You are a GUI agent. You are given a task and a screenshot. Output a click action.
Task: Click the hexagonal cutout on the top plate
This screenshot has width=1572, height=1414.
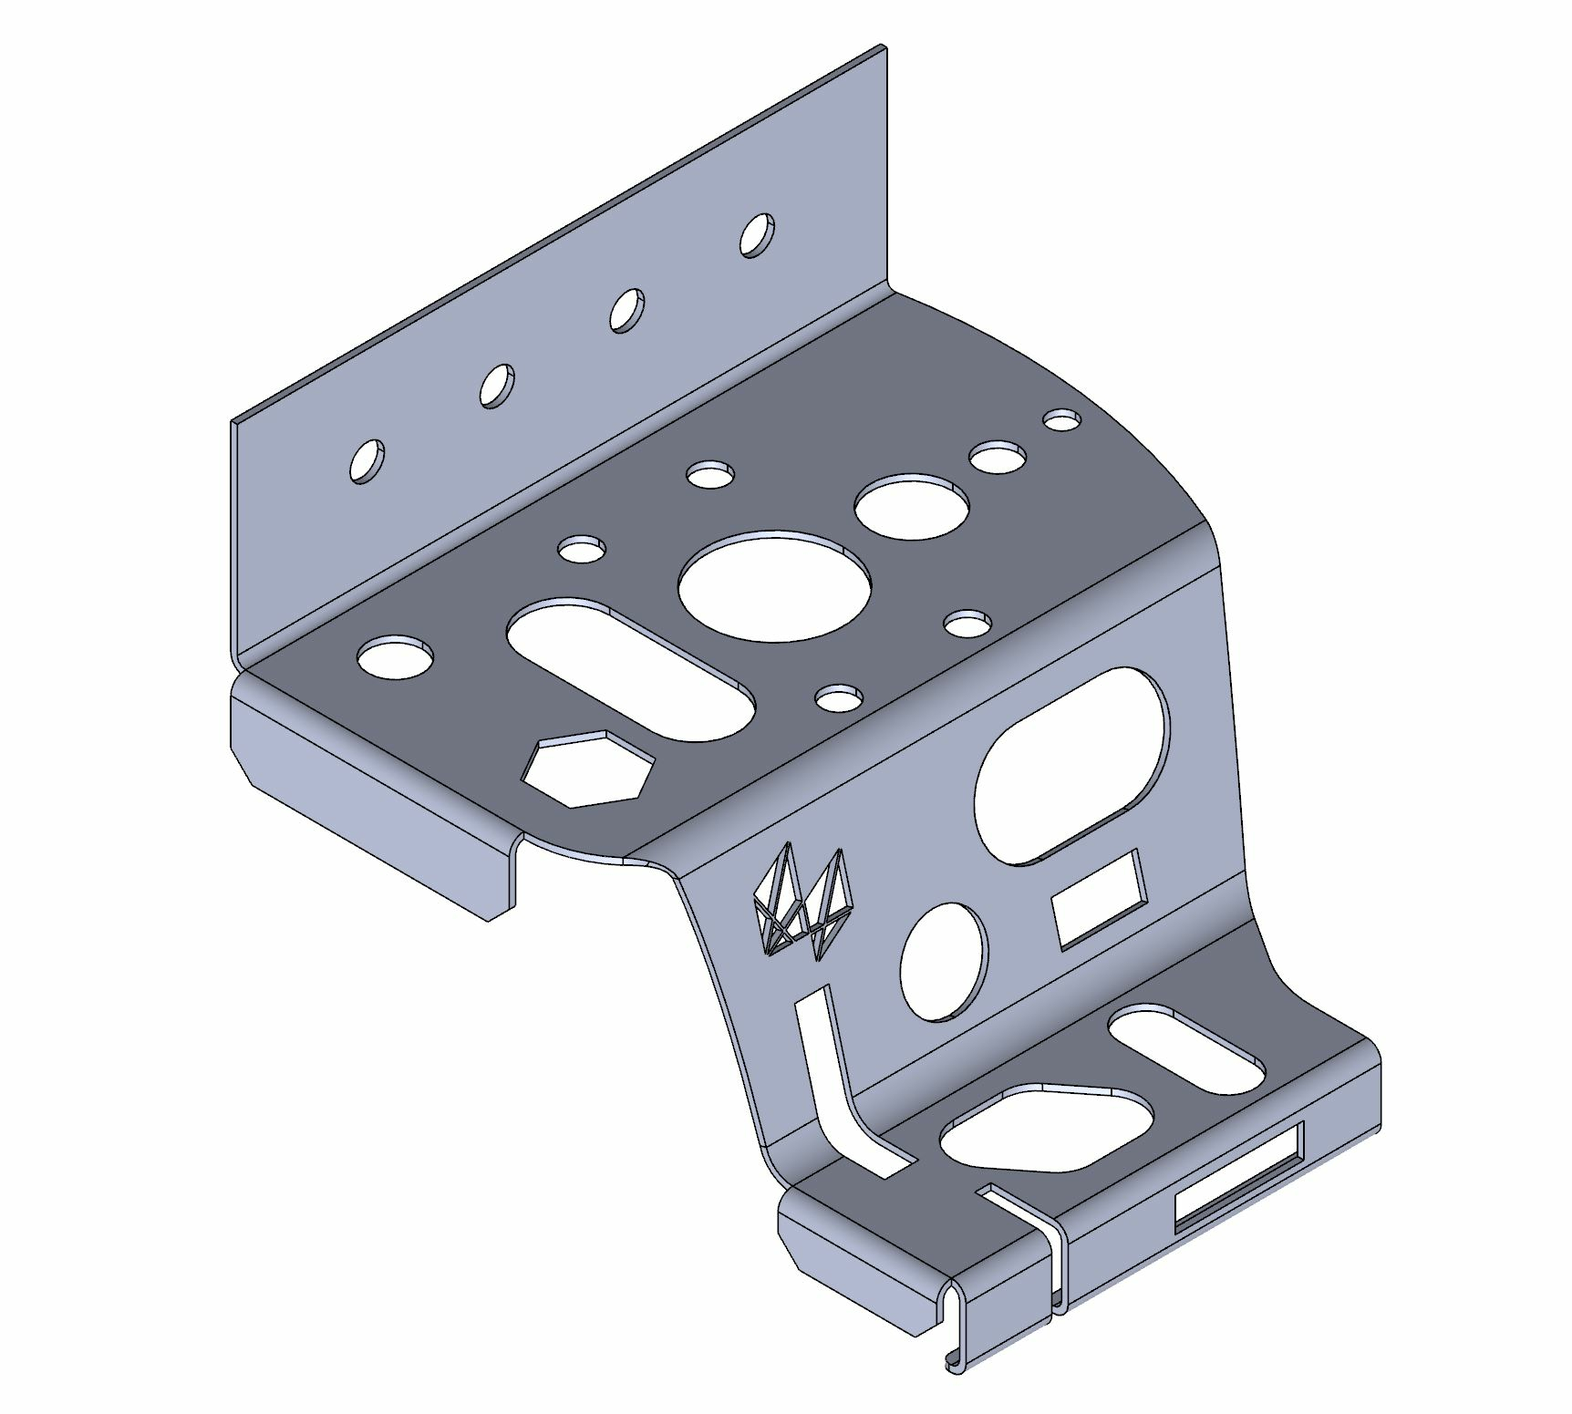point(588,769)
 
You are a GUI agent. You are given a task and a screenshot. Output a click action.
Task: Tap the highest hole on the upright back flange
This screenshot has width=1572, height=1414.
point(757,235)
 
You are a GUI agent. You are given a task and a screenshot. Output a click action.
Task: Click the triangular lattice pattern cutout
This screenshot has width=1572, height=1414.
point(802,903)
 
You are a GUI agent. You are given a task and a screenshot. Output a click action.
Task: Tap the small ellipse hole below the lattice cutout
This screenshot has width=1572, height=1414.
point(943,962)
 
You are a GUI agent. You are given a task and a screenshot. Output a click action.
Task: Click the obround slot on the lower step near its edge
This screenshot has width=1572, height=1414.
point(1185,1049)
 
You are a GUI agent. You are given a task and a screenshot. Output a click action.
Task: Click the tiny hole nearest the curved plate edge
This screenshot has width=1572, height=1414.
point(1061,420)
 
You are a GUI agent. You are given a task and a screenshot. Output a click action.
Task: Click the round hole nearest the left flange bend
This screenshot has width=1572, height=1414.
point(395,657)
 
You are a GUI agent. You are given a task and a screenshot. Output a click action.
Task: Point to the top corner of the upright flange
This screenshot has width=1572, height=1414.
point(883,47)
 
